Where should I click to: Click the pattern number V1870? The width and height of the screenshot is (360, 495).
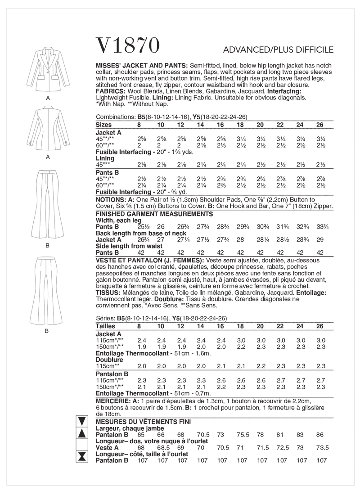pos(129,46)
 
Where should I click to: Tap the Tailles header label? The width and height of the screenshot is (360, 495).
pos(107,326)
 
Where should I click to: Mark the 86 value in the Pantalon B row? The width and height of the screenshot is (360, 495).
pos(320,435)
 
